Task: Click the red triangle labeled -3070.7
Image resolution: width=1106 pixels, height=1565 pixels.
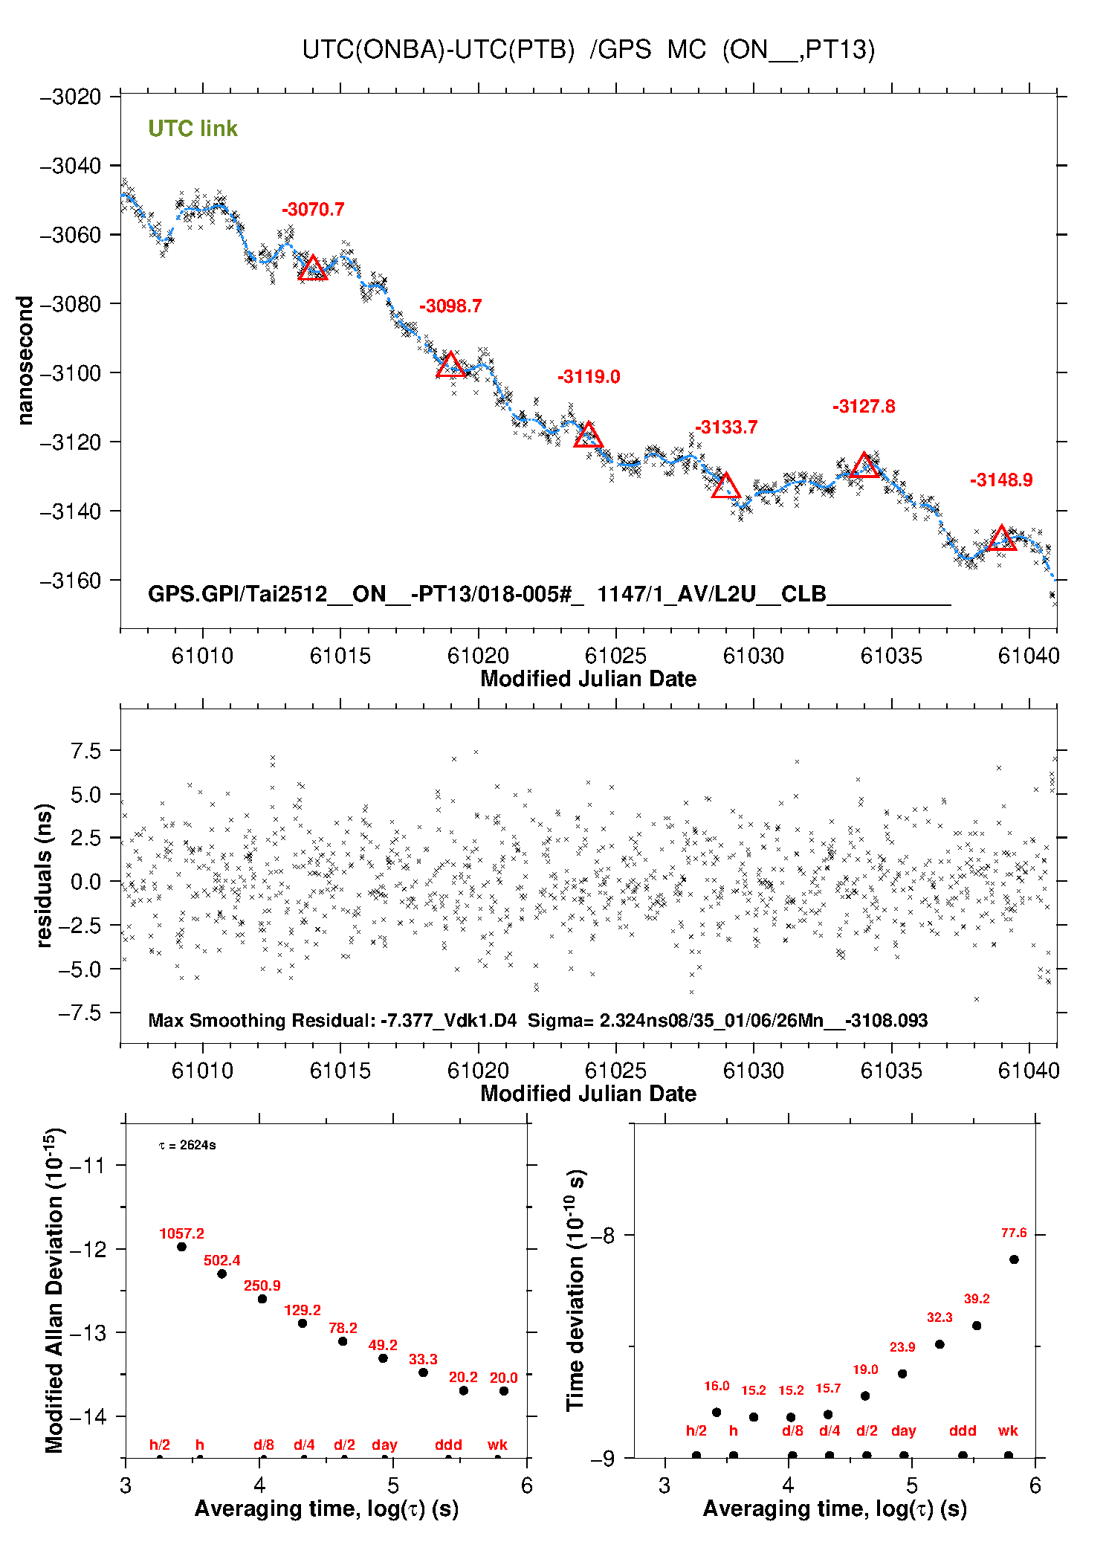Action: coord(313,268)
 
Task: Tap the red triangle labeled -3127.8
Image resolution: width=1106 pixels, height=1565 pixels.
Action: coord(864,466)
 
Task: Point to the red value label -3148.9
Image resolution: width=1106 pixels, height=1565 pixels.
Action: coord(1000,480)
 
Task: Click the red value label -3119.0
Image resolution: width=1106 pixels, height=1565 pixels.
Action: coord(589,377)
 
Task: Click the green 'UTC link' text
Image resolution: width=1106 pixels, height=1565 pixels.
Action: coord(193,129)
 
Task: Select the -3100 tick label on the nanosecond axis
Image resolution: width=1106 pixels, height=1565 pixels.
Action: coord(71,373)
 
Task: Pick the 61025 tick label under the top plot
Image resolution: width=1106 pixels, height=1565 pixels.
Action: coord(615,656)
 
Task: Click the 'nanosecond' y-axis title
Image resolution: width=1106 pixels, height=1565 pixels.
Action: coord(25,361)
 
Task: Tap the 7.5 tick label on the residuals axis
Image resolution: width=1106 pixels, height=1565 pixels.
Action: coord(85,751)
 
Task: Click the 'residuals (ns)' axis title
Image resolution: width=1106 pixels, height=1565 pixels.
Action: coord(45,875)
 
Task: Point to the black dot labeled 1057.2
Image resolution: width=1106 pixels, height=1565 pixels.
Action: coord(181,1247)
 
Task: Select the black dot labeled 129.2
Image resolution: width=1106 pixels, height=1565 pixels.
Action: coord(303,1323)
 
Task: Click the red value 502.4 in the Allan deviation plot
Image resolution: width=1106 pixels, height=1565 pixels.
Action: coord(221,1260)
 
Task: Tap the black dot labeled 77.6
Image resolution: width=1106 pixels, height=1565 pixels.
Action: coord(1014,1259)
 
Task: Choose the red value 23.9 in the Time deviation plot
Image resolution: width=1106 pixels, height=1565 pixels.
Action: coord(902,1347)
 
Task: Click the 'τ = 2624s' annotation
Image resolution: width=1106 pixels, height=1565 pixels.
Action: coord(187,1145)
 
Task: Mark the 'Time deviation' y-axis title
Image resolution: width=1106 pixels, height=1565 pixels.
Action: coord(576,1291)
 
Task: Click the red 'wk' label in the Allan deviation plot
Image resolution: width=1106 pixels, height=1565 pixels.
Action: coord(497,1445)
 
